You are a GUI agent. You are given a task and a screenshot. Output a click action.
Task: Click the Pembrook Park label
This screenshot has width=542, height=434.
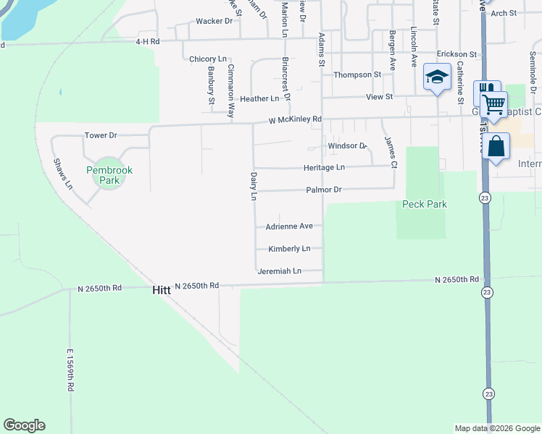(x=109, y=175)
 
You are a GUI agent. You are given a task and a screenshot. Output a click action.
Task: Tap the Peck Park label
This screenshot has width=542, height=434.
(x=425, y=204)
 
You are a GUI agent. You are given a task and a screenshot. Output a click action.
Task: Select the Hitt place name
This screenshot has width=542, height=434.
(x=162, y=289)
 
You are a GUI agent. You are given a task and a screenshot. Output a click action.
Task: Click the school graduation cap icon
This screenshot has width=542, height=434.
(x=437, y=78)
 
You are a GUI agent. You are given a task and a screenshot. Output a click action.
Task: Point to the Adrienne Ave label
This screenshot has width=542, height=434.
(x=289, y=226)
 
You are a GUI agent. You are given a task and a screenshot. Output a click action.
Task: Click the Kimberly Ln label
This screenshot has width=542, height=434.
(x=289, y=249)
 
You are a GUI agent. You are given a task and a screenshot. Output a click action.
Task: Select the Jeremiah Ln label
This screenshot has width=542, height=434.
(x=279, y=271)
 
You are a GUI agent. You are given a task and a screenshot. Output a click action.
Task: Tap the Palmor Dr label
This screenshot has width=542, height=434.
(x=323, y=190)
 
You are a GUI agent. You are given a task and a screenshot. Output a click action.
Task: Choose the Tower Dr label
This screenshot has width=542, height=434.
(x=101, y=135)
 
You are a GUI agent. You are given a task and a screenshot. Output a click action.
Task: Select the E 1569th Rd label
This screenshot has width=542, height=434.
(x=70, y=370)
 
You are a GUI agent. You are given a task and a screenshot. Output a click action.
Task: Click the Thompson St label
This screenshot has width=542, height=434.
(x=357, y=75)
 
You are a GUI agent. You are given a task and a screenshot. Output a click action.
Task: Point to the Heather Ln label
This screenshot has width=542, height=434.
(x=259, y=98)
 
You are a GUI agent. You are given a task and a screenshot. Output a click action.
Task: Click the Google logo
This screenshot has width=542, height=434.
(x=24, y=425)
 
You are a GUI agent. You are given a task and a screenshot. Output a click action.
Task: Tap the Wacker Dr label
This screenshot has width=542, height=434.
(x=214, y=21)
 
